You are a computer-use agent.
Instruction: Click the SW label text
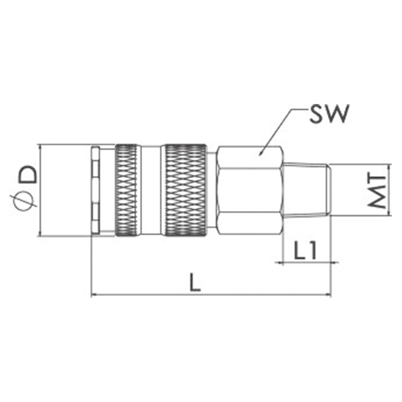click(329, 114)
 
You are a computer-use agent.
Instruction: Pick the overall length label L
click(195, 282)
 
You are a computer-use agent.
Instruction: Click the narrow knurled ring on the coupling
click(126, 190)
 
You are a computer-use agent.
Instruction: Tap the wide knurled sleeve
click(185, 190)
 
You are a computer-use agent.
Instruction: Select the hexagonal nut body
click(250, 190)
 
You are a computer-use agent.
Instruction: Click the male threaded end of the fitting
click(307, 190)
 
